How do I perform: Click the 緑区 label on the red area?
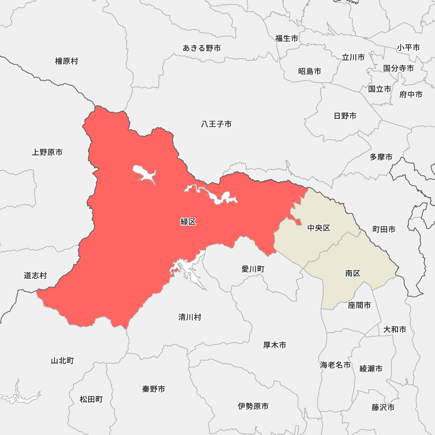(188, 222)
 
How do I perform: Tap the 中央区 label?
(319, 228)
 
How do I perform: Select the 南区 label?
(353, 273)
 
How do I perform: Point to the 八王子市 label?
(216, 124)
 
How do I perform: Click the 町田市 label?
(384, 229)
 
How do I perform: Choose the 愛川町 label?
(253, 269)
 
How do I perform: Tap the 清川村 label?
(190, 317)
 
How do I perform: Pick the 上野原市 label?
(47, 152)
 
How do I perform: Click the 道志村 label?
(35, 275)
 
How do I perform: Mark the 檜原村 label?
(67, 61)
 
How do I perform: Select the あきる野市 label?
(202, 48)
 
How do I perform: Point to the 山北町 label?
(62, 361)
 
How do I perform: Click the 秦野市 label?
(154, 389)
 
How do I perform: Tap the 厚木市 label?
(274, 345)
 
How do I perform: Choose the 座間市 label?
(359, 305)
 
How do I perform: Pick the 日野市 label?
(345, 116)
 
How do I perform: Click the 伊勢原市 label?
(253, 406)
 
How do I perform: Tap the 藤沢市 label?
(383, 408)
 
